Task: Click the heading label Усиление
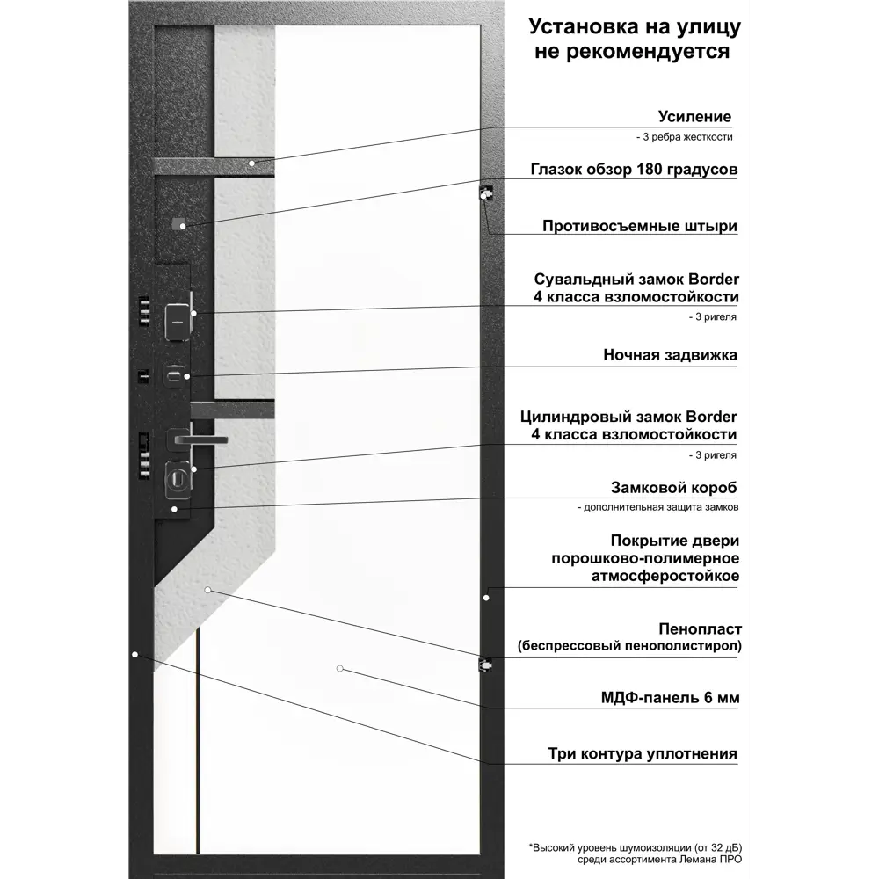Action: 694,117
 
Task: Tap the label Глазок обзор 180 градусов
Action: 634,170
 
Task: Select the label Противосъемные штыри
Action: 640,226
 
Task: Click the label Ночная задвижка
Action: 670,355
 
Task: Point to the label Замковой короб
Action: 674,488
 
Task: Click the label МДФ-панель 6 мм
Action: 670,698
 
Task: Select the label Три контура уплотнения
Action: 643,753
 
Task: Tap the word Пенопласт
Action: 701,629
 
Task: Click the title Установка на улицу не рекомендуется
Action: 635,39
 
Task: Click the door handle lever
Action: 199,439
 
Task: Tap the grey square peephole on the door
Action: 178,223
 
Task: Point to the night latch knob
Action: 174,375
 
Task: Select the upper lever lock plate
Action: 178,322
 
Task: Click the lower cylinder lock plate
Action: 178,480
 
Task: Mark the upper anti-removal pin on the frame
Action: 485,193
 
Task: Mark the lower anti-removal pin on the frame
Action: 485,665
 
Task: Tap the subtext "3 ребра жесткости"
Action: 685,137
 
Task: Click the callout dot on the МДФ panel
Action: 339,668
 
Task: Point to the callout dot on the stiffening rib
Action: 251,163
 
